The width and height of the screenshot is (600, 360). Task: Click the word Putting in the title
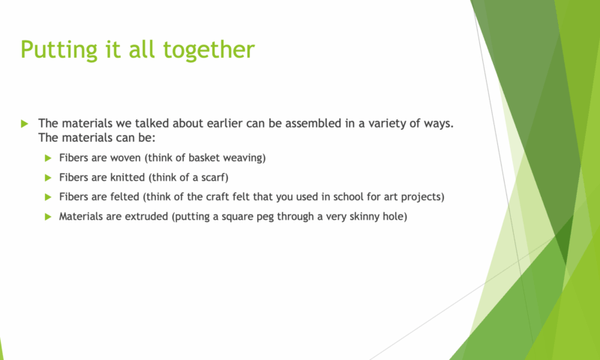(59, 49)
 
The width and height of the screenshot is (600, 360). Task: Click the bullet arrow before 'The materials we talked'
(25, 124)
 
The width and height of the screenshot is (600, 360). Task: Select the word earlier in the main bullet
(225, 124)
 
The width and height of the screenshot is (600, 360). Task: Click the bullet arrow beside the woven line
(48, 158)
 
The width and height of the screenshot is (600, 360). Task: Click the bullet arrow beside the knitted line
(48, 178)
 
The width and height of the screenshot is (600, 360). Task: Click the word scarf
(214, 177)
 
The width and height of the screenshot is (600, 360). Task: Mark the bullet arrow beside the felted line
(48, 197)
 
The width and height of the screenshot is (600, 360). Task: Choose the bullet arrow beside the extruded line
(48, 217)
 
